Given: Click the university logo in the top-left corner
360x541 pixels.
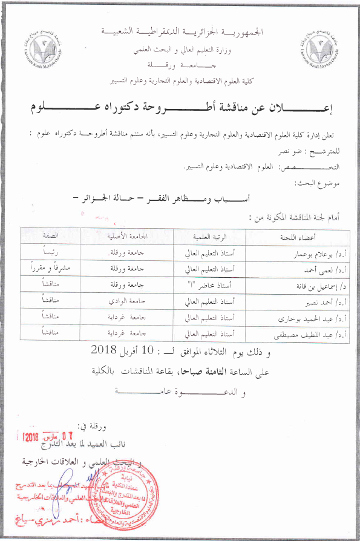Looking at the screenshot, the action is tap(47, 44).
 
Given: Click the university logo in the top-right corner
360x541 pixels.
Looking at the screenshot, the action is tap(318, 44).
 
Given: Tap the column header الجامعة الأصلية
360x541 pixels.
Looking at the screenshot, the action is tap(129, 237).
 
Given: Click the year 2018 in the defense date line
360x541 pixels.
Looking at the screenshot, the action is tap(107, 350).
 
